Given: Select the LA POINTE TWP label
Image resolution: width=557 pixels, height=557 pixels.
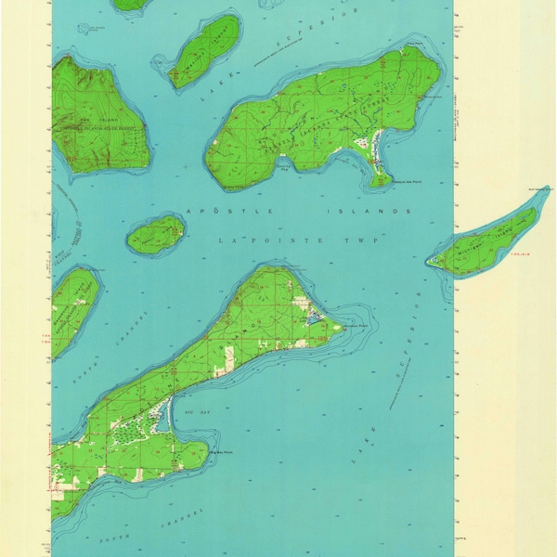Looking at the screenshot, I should coord(270,240).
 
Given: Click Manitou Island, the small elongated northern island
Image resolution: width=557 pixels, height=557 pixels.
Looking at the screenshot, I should coord(206,50).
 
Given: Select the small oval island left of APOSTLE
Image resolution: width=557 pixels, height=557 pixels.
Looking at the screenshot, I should coord(156,234).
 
